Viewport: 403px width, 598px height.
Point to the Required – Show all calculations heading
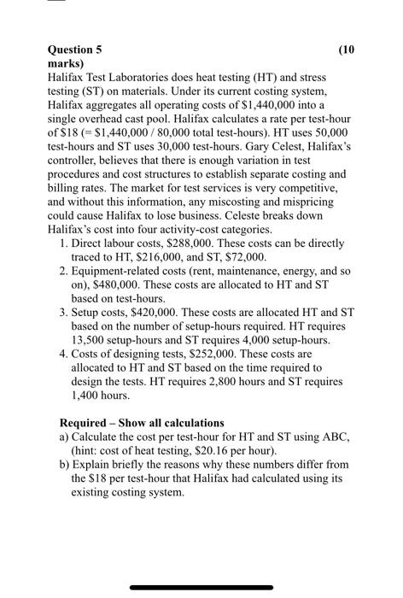[141, 423]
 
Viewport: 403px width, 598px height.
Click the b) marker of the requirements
[65, 465]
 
